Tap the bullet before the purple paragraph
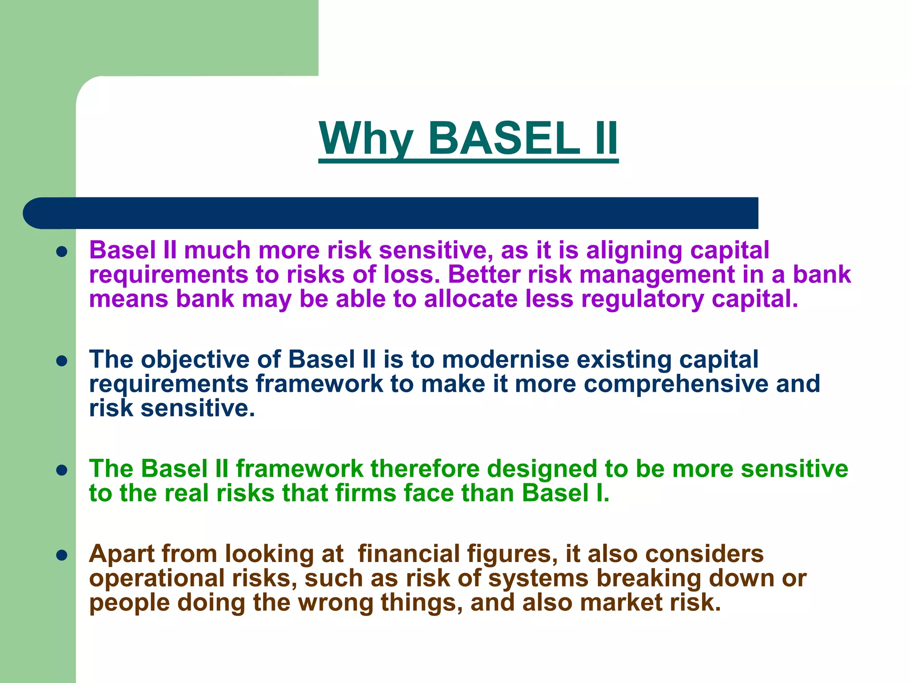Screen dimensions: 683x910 tap(62, 252)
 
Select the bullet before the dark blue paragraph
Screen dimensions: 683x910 tap(62, 361)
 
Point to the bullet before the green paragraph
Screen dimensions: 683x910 tap(62, 470)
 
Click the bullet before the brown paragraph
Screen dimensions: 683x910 tap(62, 555)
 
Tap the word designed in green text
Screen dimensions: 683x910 tap(542, 469)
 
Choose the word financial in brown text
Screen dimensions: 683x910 tap(409, 554)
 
